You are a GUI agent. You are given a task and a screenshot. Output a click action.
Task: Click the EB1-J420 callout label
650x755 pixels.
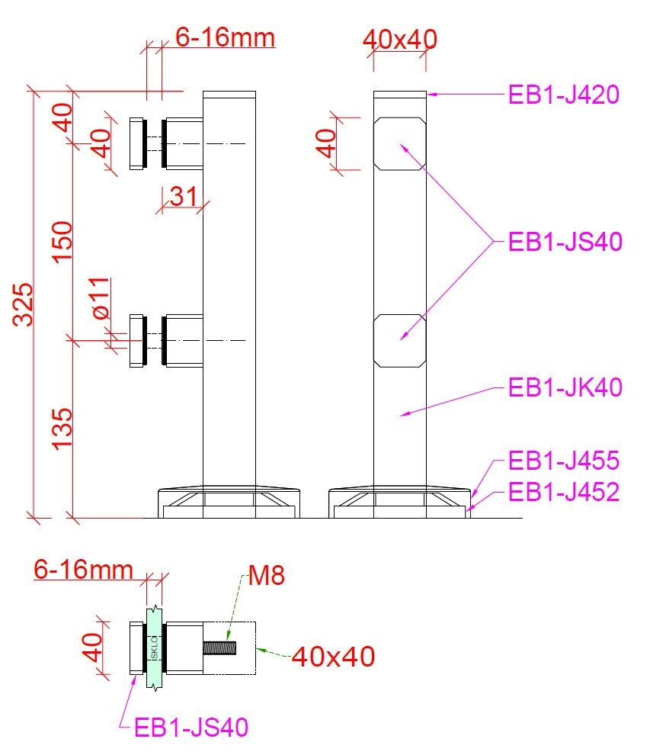click(563, 95)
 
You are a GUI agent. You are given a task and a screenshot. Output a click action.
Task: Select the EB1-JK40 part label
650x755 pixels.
click(565, 387)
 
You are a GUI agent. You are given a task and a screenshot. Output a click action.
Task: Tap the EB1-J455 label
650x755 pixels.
click(564, 461)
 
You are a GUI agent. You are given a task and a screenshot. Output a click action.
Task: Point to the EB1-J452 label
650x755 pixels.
click(564, 492)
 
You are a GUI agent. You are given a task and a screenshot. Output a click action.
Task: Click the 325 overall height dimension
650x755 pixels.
click(23, 305)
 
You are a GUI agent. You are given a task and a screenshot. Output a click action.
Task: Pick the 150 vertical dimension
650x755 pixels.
click(62, 243)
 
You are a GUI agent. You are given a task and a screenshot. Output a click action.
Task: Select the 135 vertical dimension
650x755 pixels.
click(62, 429)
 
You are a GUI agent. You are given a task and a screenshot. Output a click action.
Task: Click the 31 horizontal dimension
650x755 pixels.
click(184, 197)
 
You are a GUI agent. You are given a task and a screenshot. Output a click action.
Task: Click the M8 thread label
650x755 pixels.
click(266, 575)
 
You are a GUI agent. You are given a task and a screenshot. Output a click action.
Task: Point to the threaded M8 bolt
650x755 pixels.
click(219, 648)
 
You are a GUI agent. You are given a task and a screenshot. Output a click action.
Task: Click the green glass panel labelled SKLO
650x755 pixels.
click(154, 648)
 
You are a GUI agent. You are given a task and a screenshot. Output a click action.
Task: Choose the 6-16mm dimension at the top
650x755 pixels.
click(225, 37)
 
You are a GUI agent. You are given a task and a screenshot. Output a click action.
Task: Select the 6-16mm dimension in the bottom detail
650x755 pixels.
click(83, 570)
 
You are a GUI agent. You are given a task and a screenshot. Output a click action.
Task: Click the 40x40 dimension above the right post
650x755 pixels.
click(400, 40)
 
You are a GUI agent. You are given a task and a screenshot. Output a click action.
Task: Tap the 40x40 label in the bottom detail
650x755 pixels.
click(334, 657)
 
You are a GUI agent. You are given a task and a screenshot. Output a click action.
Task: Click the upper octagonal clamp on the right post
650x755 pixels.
click(400, 144)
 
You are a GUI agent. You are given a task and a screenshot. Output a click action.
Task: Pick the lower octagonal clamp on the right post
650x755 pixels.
click(400, 341)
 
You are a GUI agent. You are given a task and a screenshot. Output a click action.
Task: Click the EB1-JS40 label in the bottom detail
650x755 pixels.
click(191, 728)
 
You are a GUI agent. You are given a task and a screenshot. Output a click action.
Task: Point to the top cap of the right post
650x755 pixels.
click(400, 95)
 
